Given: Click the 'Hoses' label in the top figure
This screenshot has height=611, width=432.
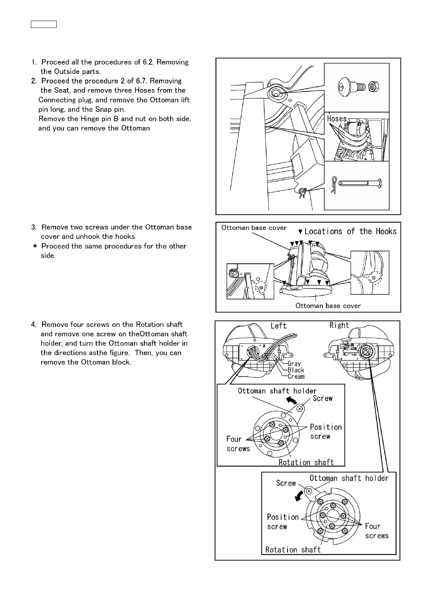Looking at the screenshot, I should click(337, 119).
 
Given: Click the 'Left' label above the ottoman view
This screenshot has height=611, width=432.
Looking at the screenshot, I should click(278, 326).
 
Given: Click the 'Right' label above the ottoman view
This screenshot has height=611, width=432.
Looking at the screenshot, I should click(339, 325).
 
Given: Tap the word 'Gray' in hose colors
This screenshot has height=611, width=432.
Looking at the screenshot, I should click(294, 364).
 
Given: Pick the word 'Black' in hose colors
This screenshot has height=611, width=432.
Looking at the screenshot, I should click(296, 370).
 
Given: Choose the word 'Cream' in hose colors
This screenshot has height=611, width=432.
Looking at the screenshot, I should click(296, 377).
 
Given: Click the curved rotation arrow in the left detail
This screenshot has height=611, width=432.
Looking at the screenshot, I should click(290, 400).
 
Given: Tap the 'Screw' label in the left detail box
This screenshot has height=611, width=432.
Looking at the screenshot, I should click(322, 398).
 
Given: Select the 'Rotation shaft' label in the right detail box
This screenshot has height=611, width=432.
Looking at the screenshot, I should click(293, 550).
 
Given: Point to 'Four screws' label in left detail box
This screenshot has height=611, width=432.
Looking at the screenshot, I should click(238, 444).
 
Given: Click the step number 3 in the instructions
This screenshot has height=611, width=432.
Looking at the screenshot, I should click(33, 227).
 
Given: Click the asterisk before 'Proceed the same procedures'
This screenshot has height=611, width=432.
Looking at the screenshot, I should click(35, 246).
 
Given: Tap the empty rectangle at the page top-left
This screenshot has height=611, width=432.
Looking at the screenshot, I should click(43, 24).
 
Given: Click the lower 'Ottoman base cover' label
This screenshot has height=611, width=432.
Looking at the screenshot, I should click(328, 306).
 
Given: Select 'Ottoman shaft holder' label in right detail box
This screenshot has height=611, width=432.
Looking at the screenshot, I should click(349, 478).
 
